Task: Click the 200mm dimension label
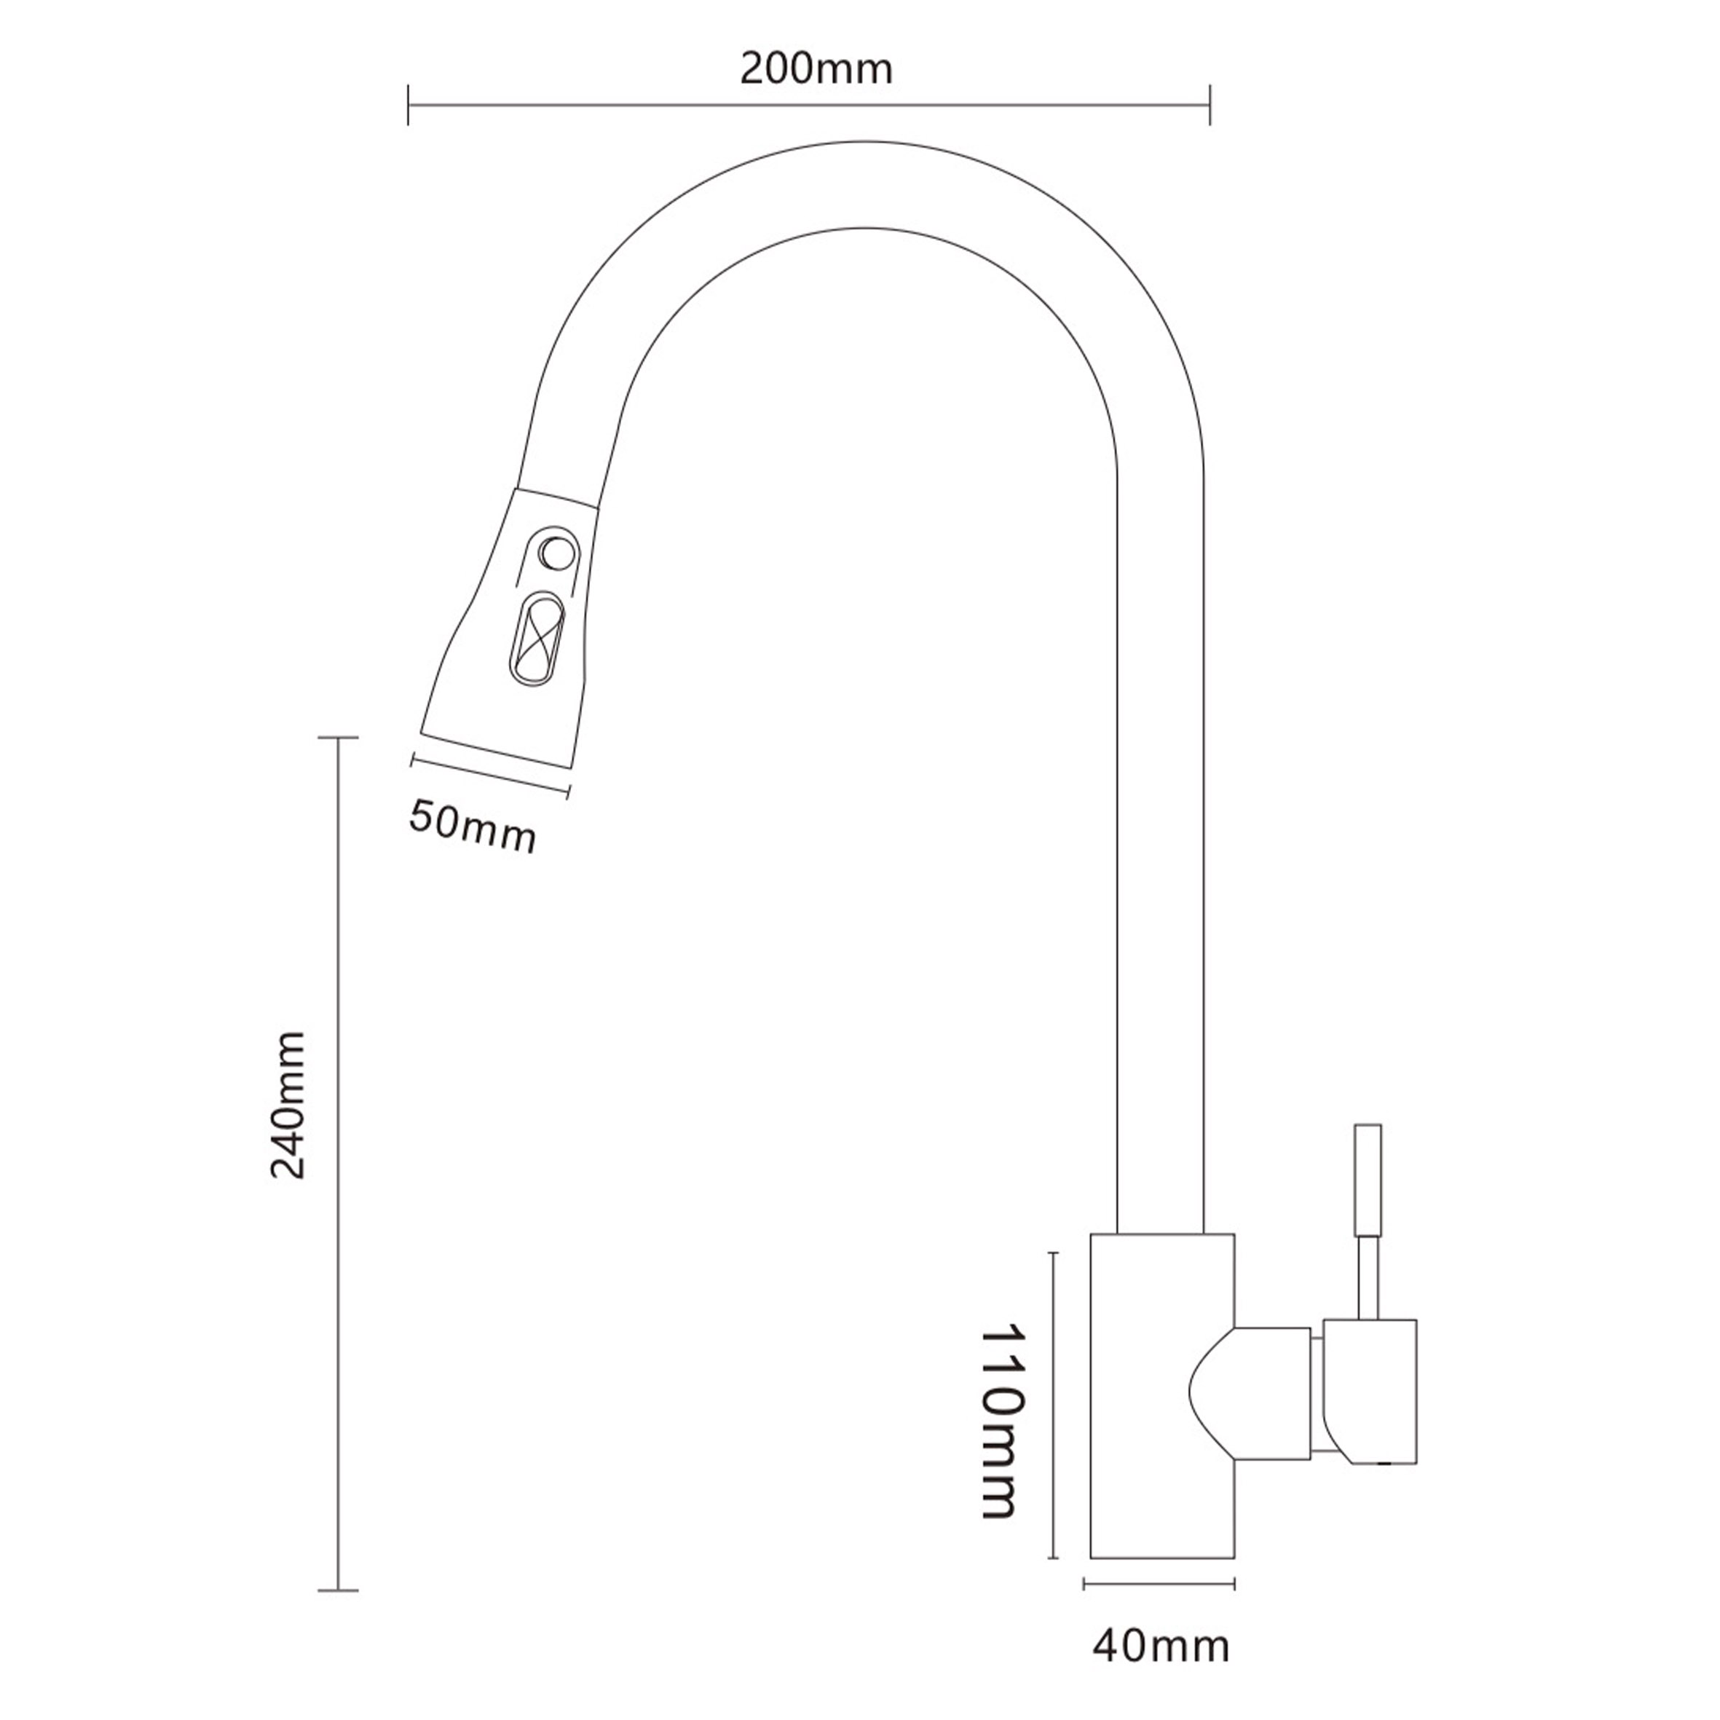click(816, 68)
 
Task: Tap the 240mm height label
click(288, 1105)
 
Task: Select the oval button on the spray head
click(534, 639)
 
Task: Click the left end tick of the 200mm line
click(408, 105)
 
